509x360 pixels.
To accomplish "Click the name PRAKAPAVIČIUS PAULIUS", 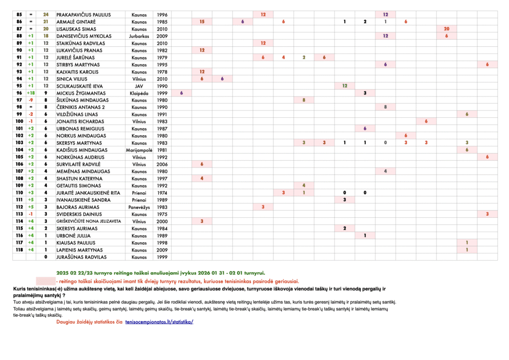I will [x=84, y=15].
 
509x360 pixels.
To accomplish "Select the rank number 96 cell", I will [x=19, y=93].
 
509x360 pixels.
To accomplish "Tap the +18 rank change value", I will [x=31, y=93].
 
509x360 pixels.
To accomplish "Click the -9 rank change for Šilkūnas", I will [x=31, y=100].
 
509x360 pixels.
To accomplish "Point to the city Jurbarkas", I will [x=139, y=36].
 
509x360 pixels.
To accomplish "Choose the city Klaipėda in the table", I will [x=139, y=93].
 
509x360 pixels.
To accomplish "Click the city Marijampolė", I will [x=139, y=150].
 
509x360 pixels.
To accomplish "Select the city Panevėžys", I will [x=139, y=207].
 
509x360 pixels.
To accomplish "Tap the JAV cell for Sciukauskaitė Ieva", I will [x=139, y=86].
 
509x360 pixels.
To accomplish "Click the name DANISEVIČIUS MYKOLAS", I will [x=84, y=36].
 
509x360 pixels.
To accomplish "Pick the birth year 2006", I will [x=162, y=164].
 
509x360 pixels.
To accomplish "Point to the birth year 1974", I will [x=162, y=193].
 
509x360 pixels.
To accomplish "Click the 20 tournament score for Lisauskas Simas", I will [x=446, y=29].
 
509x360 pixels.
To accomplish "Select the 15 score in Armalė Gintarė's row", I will [x=202, y=22].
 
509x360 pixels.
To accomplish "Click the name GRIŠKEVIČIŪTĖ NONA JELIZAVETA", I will [x=88, y=221].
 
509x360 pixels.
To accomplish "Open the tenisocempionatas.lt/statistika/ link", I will [x=159, y=322].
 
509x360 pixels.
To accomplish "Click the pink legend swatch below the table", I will [x=45, y=281].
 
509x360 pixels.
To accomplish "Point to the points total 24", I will [x=46, y=15].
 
